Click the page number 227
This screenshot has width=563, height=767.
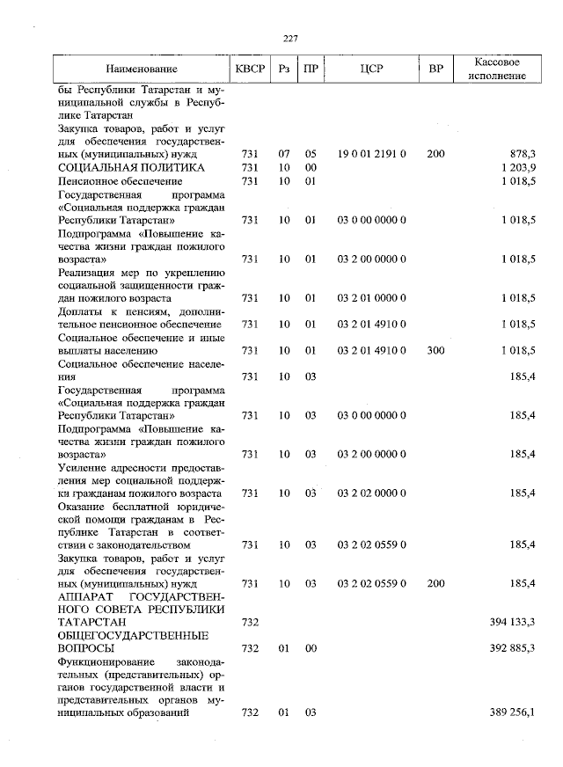tap(292, 38)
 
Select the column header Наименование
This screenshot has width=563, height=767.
tap(142, 69)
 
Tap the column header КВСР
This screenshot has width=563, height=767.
tap(249, 69)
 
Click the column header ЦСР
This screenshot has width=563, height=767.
tap(370, 69)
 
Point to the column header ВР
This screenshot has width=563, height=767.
tap(435, 69)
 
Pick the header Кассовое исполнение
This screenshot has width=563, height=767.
tap(499, 69)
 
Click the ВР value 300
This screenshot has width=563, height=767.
tap(435, 350)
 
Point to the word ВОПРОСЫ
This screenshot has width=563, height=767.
tap(87, 648)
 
